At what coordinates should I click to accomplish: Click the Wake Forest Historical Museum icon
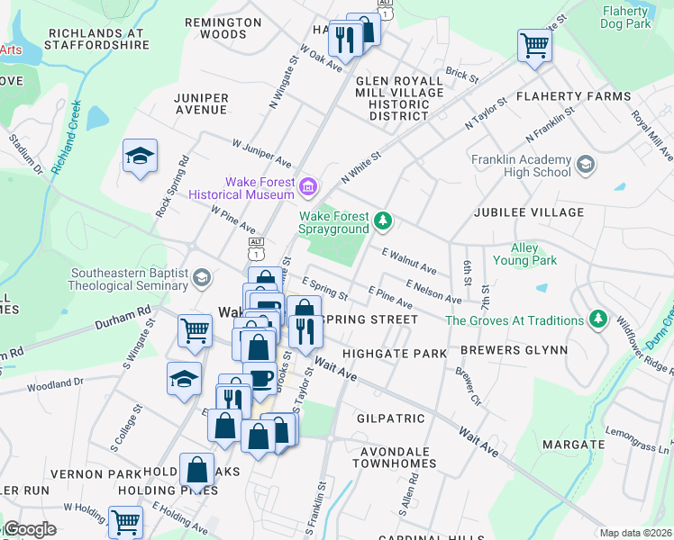(x=309, y=186)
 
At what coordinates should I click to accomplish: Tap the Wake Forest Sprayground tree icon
(x=383, y=220)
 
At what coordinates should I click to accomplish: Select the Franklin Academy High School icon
(x=586, y=165)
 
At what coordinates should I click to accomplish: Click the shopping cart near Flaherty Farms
(x=534, y=44)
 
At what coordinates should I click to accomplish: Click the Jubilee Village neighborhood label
(x=529, y=212)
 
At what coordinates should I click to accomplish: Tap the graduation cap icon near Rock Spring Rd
(x=140, y=156)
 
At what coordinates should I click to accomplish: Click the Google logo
(x=30, y=529)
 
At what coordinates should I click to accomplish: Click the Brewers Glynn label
(x=514, y=350)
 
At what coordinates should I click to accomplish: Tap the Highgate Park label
(x=394, y=354)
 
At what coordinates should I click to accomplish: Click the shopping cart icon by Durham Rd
(x=195, y=330)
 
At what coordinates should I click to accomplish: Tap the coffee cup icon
(x=260, y=379)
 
